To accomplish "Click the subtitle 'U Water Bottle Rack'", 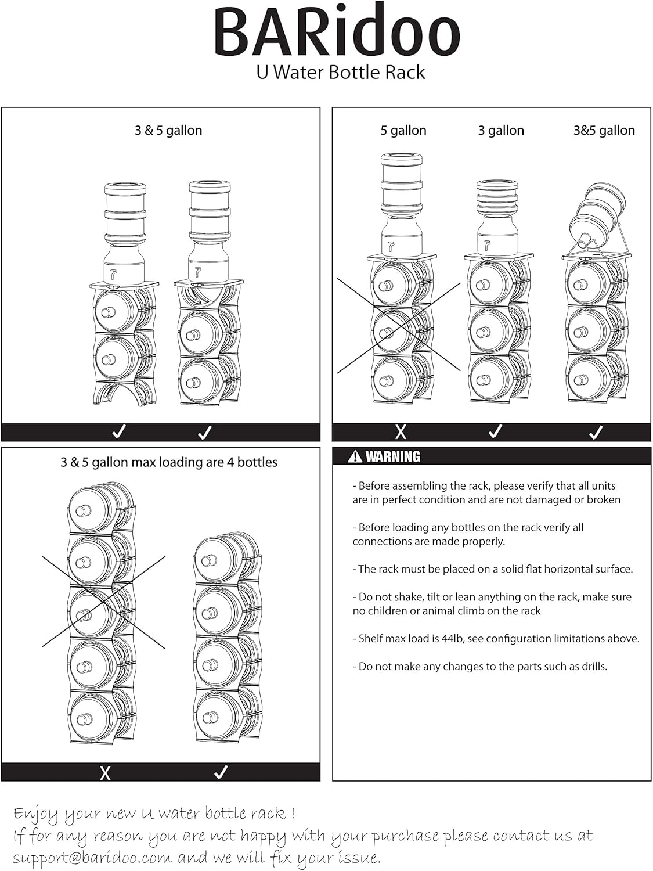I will (341, 73).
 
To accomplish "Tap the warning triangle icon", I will (355, 456).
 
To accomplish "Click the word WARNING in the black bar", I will (392, 457).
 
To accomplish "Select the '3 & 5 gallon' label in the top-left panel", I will (168, 131).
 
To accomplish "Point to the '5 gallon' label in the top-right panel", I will (403, 131).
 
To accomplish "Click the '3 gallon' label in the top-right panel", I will (501, 131).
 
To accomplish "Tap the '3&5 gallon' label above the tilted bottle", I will (604, 131).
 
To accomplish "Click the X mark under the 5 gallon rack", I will (401, 432).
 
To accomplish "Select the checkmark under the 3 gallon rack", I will (495, 431).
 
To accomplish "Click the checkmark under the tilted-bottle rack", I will (596, 432).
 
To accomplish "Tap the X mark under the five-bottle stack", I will (105, 773).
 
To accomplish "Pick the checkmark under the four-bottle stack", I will (221, 772).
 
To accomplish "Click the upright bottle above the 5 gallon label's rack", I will (402, 203).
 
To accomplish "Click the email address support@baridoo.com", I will (92, 858).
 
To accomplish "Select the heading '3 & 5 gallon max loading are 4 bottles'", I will (168, 462).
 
